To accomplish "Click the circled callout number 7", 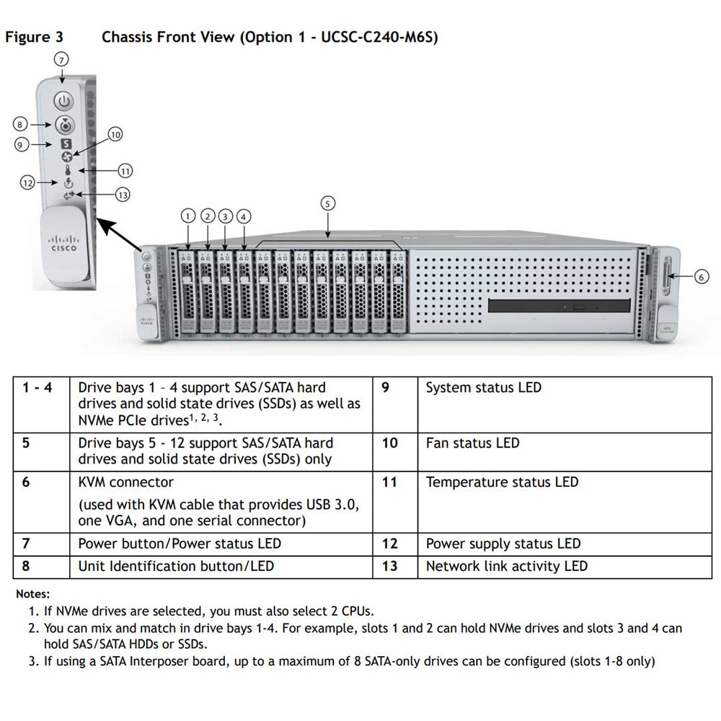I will pos(63,61).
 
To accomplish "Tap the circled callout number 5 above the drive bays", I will pos(327,204).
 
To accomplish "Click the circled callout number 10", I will pos(115,134).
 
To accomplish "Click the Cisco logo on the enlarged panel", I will pos(63,243).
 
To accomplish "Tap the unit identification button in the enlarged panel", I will pos(64,124).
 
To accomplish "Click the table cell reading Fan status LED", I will pos(472,443).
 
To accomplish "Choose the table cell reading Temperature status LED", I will pos(502,482).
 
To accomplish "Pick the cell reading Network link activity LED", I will pos(506,566).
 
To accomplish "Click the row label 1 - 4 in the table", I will pos(36,388).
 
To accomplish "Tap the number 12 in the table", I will pos(389,544).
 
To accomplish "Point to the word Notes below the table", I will pos(32,595).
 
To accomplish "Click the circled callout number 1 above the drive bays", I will pos(188,216).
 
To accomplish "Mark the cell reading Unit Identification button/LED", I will pos(176,566).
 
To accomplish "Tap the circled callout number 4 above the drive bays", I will pos(244,216).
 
